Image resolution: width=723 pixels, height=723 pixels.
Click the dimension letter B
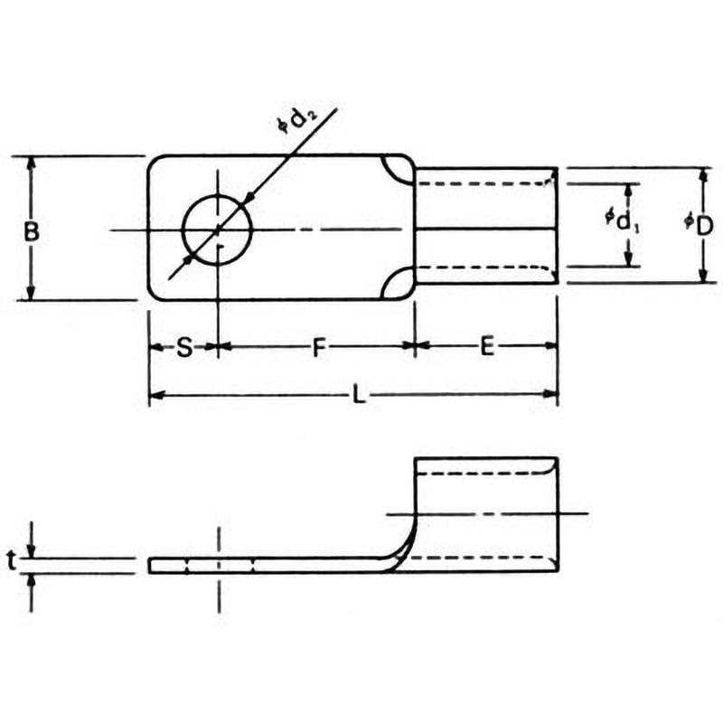click(32, 231)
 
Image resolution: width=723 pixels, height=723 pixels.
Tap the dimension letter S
click(184, 347)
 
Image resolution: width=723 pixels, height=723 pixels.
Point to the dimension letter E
click(487, 346)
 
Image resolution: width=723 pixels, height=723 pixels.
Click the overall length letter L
click(359, 395)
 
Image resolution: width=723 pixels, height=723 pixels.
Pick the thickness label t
click(12, 560)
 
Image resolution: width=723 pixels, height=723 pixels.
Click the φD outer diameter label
click(699, 225)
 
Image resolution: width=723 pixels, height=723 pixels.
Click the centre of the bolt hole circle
click(218, 230)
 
